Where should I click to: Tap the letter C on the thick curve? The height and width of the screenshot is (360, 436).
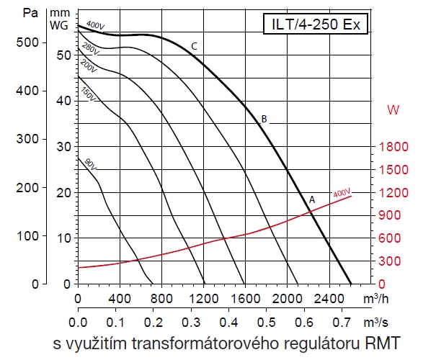pyautogui.click(x=195, y=47)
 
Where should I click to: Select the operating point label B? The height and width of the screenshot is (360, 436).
pyautogui.click(x=264, y=119)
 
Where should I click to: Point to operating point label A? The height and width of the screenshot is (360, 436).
pyautogui.click(x=312, y=199)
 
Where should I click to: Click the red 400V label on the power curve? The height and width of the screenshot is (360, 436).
pyautogui.click(x=342, y=193)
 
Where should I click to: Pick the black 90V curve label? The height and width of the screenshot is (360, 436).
pyautogui.click(x=91, y=163)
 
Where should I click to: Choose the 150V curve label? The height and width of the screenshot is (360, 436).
pyautogui.click(x=88, y=94)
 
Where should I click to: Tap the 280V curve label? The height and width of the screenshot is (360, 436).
pyautogui.click(x=90, y=50)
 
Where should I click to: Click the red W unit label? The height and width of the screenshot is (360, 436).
pyautogui.click(x=393, y=110)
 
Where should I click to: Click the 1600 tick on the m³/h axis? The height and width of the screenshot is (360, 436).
pyautogui.click(x=245, y=297)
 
